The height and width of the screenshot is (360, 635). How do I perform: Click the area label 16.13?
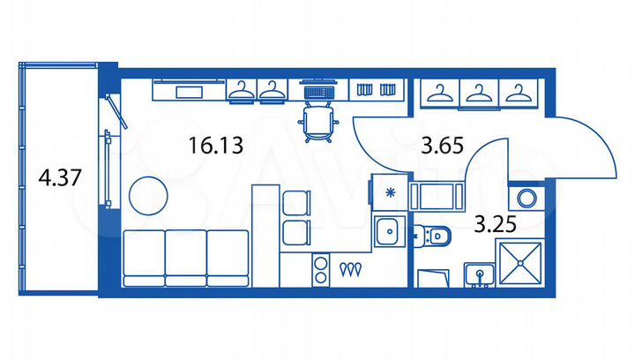point(215,145)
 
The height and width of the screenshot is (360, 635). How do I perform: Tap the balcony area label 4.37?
point(60,178)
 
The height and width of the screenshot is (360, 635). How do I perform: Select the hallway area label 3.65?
point(443,145)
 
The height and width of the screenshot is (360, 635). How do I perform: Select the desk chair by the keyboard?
point(317,122)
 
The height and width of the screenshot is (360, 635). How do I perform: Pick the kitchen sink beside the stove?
point(386,233)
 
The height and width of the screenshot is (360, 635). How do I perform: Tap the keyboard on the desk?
point(317,90)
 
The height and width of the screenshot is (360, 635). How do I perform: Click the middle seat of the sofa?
point(186,256)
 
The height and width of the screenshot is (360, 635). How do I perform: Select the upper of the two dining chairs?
point(295,203)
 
